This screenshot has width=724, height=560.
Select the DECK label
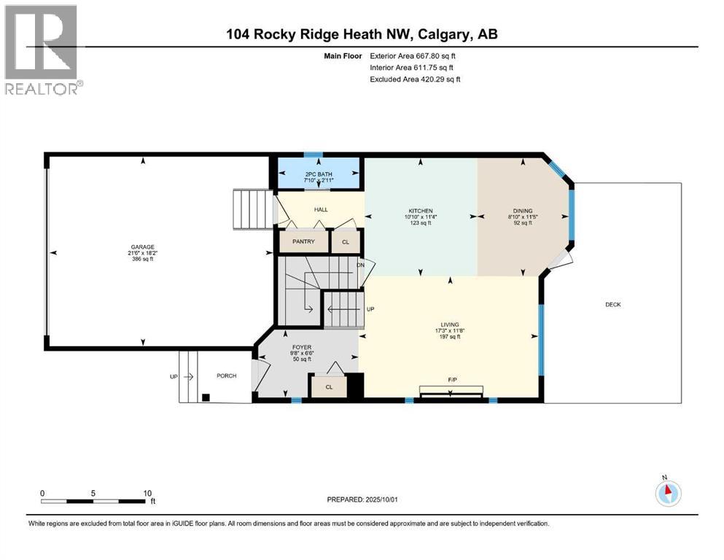click(612, 305)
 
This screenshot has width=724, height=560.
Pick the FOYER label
click(302, 347)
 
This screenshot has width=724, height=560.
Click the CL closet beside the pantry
click(346, 241)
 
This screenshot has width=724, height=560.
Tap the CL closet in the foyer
click(328, 387)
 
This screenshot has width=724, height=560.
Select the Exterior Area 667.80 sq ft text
click(414, 55)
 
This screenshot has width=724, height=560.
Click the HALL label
click(321, 210)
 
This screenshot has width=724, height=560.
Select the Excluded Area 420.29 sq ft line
click(415, 79)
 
